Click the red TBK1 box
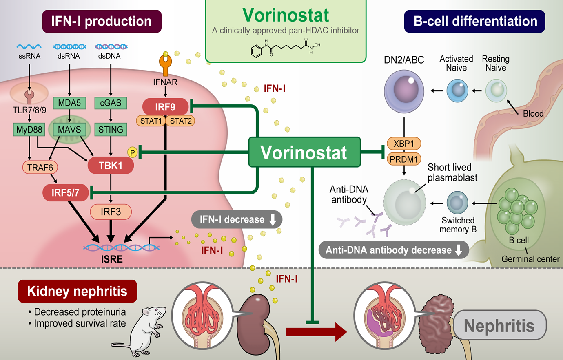pyautogui.click(x=111, y=166)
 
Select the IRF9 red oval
pyautogui.click(x=165, y=107)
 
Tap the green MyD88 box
pyautogui.click(x=29, y=130)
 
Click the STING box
pyautogui.click(x=111, y=130)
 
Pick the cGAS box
pyautogui.click(x=111, y=103)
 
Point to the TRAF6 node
pyautogui.click(x=40, y=167)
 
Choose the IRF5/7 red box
pyautogui.click(x=65, y=192)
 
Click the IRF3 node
pyautogui.click(x=111, y=212)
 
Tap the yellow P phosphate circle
pyautogui.click(x=132, y=152)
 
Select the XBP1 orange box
pyautogui.click(x=404, y=144)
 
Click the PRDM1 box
pyautogui.click(x=404, y=159)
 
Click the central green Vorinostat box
pyautogui.click(x=304, y=152)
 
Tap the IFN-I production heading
pyautogui.click(x=102, y=21)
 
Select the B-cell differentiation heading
pyautogui.click(x=474, y=21)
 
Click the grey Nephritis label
pyautogui.click(x=499, y=325)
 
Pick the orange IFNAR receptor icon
pyautogui.click(x=165, y=64)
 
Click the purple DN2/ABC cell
pyautogui.click(x=404, y=91)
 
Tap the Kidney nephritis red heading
pyautogui.click(x=77, y=291)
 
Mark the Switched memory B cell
pyautogui.click(x=457, y=203)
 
